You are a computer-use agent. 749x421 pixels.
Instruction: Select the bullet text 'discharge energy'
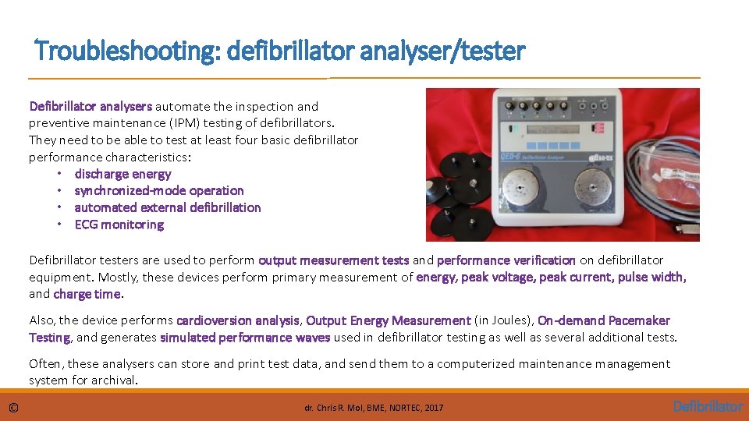pyautogui.click(x=122, y=174)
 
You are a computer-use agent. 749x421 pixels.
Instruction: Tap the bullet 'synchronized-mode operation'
pyautogui.click(x=159, y=190)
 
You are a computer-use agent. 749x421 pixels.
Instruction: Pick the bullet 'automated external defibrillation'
pyautogui.click(x=168, y=207)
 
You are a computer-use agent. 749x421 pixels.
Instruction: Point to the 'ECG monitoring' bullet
pyautogui.click(x=119, y=225)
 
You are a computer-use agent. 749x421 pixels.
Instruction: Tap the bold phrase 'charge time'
pyautogui.click(x=87, y=294)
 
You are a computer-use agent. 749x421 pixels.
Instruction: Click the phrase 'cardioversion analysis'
pyautogui.click(x=238, y=320)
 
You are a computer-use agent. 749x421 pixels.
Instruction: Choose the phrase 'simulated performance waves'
pyautogui.click(x=245, y=338)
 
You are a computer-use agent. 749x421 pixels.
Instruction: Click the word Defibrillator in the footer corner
pyautogui.click(x=707, y=406)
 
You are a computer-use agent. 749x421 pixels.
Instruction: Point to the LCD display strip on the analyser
pyautogui.click(x=546, y=129)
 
